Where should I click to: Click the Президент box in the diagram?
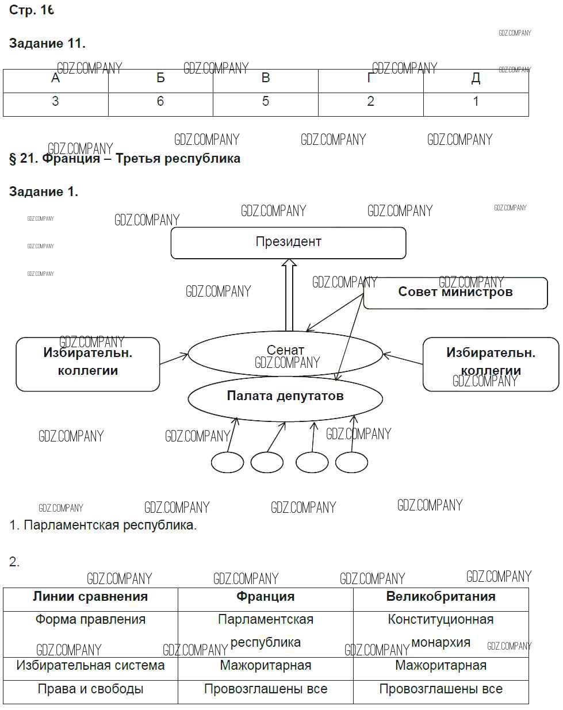tap(288, 243)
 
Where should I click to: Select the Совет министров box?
tap(455, 293)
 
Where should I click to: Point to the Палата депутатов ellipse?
tap(285, 397)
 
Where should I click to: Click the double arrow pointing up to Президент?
tap(289, 294)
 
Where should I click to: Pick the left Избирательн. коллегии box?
tap(87, 363)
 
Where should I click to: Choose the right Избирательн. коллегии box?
tap(491, 363)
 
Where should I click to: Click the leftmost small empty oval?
tap(227, 462)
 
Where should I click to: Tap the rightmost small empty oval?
tap(351, 462)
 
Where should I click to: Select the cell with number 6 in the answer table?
tap(160, 102)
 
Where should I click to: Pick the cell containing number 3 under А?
tap(55, 102)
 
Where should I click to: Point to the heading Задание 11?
tap(47, 43)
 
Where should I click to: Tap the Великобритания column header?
tap(441, 597)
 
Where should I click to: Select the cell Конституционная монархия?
tap(441, 631)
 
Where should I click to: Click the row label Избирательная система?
tap(90, 666)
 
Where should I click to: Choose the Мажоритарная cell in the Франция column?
tap(266, 666)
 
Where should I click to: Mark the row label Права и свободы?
tap(90, 689)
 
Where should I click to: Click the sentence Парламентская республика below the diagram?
tap(104, 525)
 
